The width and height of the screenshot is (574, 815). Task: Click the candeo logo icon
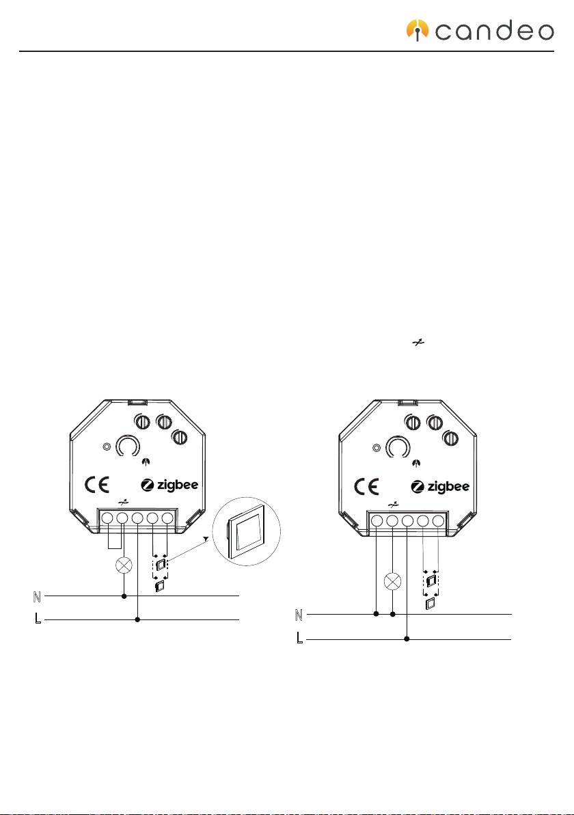pyautogui.click(x=417, y=30)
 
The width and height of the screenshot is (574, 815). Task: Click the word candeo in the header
pyautogui.click(x=495, y=31)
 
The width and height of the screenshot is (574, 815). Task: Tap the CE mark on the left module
pyautogui.click(x=97, y=485)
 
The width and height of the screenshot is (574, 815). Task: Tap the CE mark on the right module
pyautogui.click(x=367, y=487)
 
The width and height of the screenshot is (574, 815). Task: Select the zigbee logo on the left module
pyautogui.click(x=170, y=485)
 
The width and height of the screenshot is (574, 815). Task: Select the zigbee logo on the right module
pyautogui.click(x=440, y=487)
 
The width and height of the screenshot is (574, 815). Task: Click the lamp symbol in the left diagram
pyautogui.click(x=123, y=565)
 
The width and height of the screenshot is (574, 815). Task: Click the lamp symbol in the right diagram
pyautogui.click(x=392, y=581)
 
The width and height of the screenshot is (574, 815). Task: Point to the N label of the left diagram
pyautogui.click(x=37, y=597)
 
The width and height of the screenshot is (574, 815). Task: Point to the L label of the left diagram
pyautogui.click(x=38, y=618)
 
